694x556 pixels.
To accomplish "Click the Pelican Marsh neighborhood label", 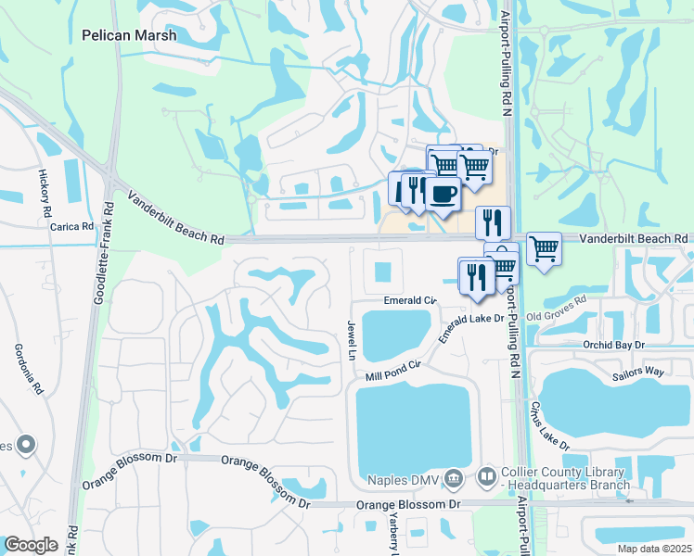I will pyautogui.click(x=129, y=35).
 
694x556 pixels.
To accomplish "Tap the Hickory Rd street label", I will pyautogui.click(x=45, y=195).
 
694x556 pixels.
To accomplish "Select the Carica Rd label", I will pyautogui.click(x=72, y=226).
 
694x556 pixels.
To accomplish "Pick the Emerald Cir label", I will pyautogui.click(x=410, y=300).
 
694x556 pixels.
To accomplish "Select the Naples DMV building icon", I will pyautogui.click(x=454, y=478).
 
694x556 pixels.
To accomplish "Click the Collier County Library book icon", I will pyautogui.click(x=486, y=478).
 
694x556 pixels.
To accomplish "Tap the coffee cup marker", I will pyautogui.click(x=443, y=195).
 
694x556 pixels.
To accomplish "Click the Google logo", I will pyautogui.click(x=31, y=545).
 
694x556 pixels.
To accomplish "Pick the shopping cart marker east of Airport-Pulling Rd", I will pyautogui.click(x=544, y=247).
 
